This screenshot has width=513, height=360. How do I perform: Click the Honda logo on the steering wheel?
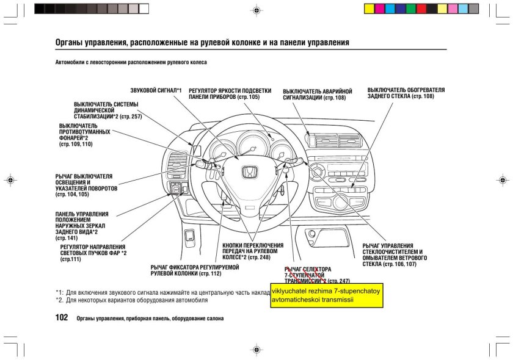point(249,173)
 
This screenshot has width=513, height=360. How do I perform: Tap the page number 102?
point(61,317)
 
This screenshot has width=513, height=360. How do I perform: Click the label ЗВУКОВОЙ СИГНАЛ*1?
point(156,90)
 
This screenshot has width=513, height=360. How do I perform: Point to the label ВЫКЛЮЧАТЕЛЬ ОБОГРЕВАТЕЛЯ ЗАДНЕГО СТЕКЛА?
point(406,93)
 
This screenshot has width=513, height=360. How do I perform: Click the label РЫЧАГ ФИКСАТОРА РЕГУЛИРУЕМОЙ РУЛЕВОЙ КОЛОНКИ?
point(194,270)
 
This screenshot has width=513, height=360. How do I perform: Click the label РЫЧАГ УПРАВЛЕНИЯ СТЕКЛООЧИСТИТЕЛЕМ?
point(395,255)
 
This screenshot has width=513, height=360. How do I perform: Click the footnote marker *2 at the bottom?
point(59,300)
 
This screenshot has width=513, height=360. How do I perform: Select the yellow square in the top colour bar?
point(369,9)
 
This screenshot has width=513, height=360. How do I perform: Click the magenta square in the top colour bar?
point(379,9)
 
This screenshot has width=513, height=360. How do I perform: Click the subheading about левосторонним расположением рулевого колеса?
point(131,62)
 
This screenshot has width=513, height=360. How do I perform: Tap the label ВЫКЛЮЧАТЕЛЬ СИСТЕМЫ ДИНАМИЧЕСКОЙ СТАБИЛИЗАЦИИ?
point(107,110)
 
